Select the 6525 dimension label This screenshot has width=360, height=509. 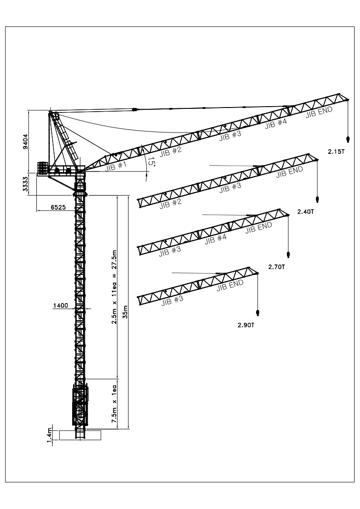pos(59,207)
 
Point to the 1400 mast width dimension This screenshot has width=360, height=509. pos(60,306)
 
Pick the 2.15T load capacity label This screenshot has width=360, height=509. pos(336,152)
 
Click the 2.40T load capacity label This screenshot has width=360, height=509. pos(306,212)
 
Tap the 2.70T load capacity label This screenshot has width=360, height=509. pos(276,267)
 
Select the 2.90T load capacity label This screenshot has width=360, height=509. pos(247,325)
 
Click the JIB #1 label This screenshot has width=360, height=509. pos(115,166)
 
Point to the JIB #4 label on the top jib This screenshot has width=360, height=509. pos(276,122)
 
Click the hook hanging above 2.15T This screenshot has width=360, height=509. pos(348,138)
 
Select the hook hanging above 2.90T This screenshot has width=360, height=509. pos(258,313)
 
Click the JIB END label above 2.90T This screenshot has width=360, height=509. pos(230,285)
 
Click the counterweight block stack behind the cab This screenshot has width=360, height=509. pos(43,168)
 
